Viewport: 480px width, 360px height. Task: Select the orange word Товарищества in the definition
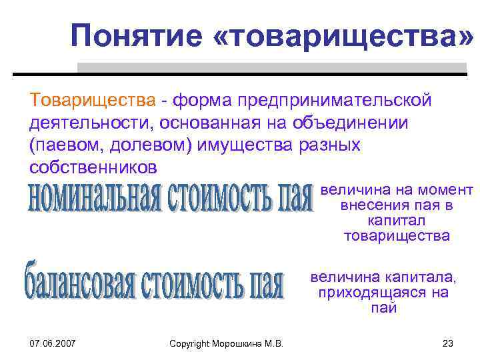[93, 100]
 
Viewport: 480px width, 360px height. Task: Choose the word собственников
[93, 167]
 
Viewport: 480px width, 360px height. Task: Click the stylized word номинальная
[93, 196]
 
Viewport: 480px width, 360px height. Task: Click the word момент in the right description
[449, 191]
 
